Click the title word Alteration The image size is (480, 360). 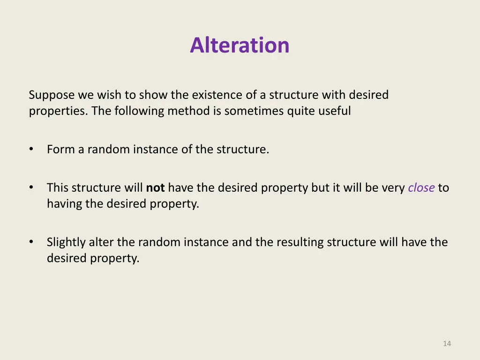pos(240,45)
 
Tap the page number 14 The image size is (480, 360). pos(447,344)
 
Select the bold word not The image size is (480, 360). pos(155,188)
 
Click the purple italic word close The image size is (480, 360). pos(421,188)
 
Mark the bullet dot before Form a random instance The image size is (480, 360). pos(31,149)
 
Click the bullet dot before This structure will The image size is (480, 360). pos(31,187)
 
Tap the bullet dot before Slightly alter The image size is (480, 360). pos(31,242)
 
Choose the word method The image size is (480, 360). pos(187,111)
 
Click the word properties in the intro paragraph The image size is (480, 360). pos(58,111)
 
